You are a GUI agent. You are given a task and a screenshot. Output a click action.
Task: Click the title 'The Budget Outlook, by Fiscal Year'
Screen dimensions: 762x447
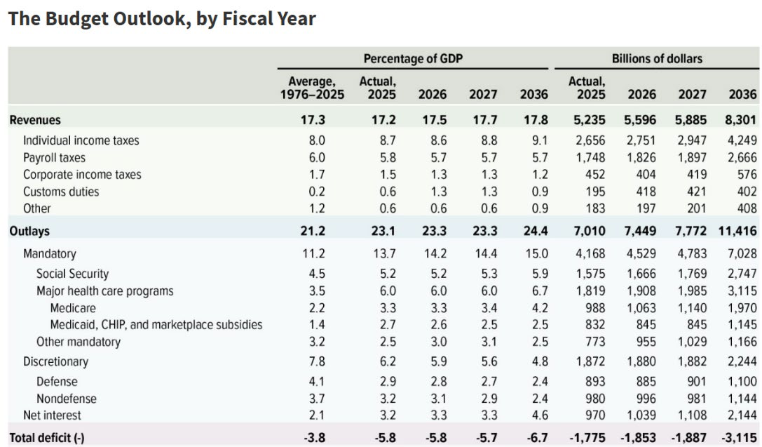click(162, 19)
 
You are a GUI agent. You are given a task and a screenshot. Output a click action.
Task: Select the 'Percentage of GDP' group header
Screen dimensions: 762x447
click(413, 59)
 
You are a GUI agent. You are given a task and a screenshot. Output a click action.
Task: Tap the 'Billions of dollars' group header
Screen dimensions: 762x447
click(657, 59)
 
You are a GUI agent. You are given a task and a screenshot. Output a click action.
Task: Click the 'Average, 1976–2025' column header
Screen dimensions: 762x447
click(312, 88)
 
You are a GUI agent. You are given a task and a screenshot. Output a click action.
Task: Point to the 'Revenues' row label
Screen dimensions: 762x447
click(35, 120)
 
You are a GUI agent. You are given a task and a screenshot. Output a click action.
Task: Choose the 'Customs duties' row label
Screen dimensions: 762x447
click(61, 192)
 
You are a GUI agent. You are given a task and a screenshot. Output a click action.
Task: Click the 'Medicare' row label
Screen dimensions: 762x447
click(73, 308)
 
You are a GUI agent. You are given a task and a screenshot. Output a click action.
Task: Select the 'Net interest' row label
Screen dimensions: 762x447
click(52, 415)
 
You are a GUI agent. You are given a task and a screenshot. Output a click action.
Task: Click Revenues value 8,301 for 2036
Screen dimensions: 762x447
click(740, 120)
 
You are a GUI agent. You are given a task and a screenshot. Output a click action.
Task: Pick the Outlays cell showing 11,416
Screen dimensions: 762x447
click(737, 231)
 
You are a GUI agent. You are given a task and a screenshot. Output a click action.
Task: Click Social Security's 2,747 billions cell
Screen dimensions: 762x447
click(742, 274)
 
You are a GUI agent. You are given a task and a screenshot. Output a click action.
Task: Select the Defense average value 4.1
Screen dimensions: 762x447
click(317, 382)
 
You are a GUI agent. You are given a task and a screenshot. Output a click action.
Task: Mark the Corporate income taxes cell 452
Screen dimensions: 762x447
click(595, 175)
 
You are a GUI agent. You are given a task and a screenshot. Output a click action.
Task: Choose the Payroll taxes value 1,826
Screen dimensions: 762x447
click(641, 158)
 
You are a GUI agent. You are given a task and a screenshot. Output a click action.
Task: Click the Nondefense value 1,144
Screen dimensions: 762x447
click(742, 399)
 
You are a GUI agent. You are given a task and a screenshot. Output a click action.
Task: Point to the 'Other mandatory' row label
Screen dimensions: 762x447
click(79, 342)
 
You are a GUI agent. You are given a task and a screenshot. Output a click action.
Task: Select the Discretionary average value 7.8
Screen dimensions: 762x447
click(317, 362)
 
